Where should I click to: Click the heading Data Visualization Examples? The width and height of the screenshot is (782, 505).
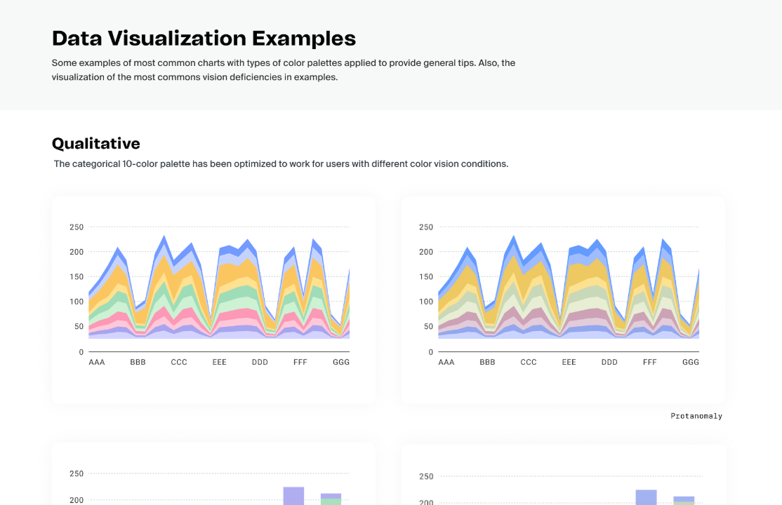[204, 38]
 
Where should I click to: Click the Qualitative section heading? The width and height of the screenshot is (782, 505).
[96, 144]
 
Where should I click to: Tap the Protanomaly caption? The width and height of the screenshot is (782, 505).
[696, 416]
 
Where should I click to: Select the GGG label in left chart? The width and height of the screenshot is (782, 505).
[340, 363]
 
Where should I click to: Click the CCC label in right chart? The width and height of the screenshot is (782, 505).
[529, 363]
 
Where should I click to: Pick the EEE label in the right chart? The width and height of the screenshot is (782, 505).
[569, 363]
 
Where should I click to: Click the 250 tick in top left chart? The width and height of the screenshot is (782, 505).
[77, 227]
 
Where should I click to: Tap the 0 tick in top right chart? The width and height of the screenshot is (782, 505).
[431, 352]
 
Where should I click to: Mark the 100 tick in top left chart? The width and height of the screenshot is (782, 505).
[77, 302]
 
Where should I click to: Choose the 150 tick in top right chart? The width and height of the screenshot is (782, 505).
[426, 277]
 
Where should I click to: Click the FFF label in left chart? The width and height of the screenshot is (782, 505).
[300, 363]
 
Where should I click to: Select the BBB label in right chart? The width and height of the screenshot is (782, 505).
[487, 363]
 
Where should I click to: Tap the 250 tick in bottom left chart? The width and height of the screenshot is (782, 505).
[77, 474]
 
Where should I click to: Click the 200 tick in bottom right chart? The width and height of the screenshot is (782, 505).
[426, 502]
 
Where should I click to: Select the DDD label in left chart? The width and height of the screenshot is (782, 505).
[260, 363]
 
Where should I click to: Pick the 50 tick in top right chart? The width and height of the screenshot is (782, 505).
[428, 327]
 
